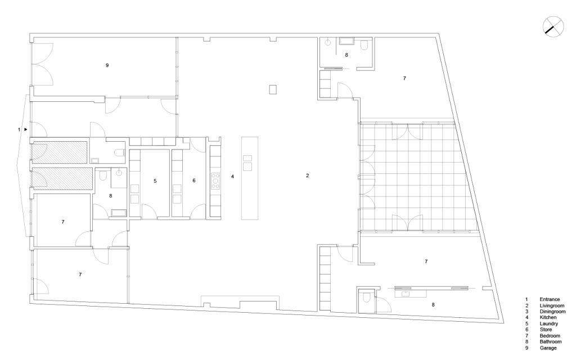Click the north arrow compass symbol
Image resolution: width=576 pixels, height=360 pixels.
pyautogui.click(x=553, y=26)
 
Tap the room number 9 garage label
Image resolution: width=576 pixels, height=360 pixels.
pyautogui.click(x=107, y=66)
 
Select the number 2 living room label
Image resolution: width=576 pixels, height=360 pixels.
pyautogui.click(x=307, y=176)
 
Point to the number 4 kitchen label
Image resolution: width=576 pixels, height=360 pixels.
pyautogui.click(x=232, y=177)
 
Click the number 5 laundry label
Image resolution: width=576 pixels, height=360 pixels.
pyautogui.click(x=155, y=181)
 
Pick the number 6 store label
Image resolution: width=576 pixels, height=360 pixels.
pyautogui.click(x=193, y=181)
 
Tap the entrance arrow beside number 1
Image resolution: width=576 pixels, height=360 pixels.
pyautogui.click(x=25, y=130)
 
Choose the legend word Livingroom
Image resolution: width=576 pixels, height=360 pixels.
pyautogui.click(x=551, y=305)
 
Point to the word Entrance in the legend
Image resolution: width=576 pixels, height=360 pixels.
pyautogui.click(x=549, y=299)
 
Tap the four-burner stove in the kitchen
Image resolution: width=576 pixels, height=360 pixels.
pyautogui.click(x=215, y=181)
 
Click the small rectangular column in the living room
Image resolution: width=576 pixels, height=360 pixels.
pyautogui.click(x=273, y=89)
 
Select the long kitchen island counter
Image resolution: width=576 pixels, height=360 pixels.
pyautogui.click(x=248, y=177)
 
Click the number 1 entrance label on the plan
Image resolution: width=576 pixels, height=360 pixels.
pyautogui.click(x=19, y=130)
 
